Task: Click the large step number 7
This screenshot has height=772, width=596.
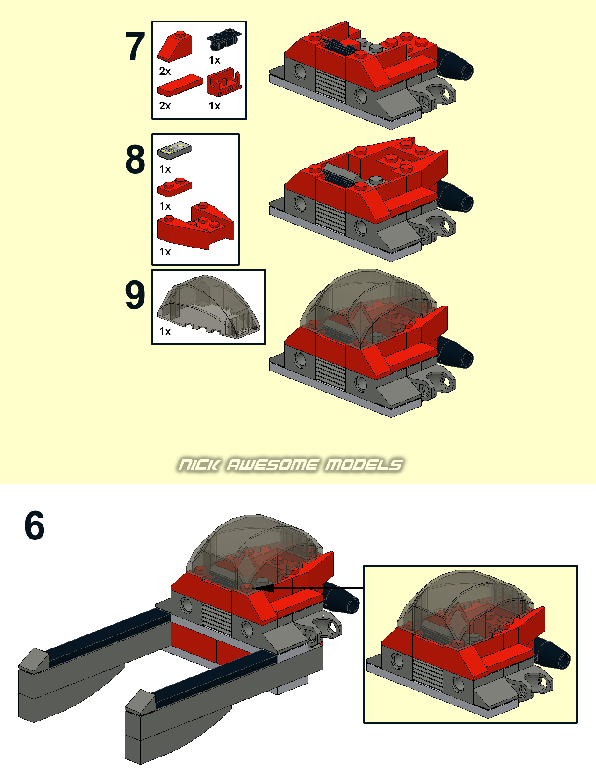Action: coord(135,46)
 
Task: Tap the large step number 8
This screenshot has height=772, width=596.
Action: coord(135,159)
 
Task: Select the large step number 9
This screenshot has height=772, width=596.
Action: coord(135,294)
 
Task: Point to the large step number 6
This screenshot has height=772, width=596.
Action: coord(35,525)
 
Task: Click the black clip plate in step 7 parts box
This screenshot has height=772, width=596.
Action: coord(223,40)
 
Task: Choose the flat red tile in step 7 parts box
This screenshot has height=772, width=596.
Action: coord(180,85)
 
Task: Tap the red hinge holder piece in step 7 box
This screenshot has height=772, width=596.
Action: coord(224,82)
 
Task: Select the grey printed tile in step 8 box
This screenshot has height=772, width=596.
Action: coord(174,150)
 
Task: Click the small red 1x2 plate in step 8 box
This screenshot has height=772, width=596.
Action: coord(174,187)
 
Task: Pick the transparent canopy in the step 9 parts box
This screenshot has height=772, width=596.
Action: coord(208,306)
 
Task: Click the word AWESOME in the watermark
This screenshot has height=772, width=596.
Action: coord(272,465)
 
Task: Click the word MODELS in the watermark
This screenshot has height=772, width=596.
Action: coord(364,465)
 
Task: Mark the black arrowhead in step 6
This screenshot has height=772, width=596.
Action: coord(263,588)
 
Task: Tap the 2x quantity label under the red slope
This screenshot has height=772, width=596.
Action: coord(165,71)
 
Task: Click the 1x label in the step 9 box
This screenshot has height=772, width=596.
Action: coord(165,331)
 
